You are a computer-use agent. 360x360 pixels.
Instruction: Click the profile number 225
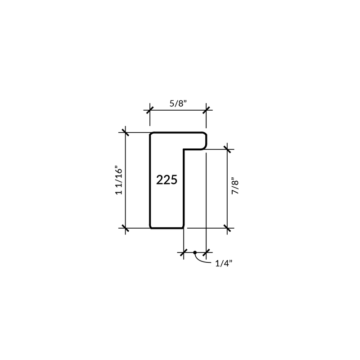166,180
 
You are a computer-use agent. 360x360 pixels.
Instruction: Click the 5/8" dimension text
178,103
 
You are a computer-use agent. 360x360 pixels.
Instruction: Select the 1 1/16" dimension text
119,180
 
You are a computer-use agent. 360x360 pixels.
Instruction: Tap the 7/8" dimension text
235,186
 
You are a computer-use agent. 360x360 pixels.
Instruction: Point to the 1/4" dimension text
224,263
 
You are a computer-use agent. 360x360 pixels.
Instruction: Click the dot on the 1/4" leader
195,252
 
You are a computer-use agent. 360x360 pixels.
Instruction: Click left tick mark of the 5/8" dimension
150,110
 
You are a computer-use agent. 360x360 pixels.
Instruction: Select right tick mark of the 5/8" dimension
206,110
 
